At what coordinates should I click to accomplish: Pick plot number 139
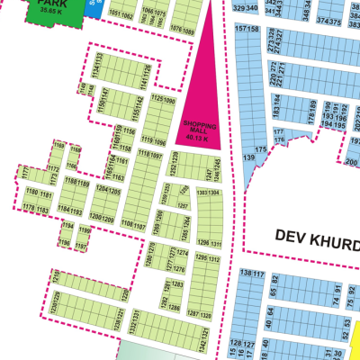tap(248, 157)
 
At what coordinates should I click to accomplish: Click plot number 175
tap(261, 149)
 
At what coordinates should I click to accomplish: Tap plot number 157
tap(240, 29)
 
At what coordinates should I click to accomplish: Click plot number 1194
tap(65, 210)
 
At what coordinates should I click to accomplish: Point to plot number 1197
tap(82, 229)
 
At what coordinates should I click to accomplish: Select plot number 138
tap(245, 273)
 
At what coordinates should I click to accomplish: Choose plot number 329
tap(238, 7)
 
